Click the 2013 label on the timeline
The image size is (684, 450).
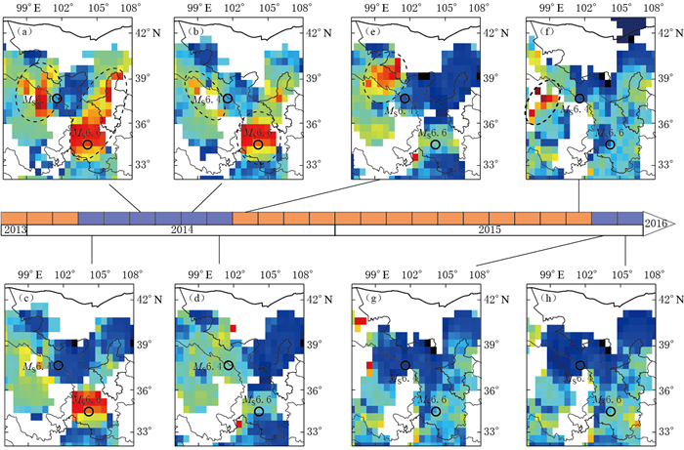coord(15,228)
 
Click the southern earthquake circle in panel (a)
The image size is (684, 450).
coord(87,144)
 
